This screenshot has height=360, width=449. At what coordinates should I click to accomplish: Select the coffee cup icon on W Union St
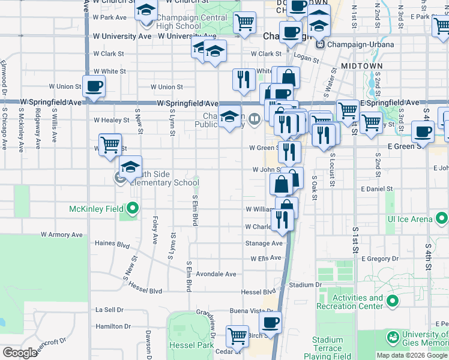click(x=94, y=87)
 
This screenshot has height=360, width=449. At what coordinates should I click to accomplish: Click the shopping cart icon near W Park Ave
click(x=244, y=23)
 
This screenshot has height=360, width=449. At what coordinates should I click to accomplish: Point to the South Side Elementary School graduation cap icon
click(x=130, y=167)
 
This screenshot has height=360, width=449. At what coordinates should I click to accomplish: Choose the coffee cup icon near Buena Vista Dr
click(x=270, y=322)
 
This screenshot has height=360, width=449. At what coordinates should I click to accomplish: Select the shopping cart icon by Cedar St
click(x=238, y=335)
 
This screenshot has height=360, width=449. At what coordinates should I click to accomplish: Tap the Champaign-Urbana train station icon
click(x=321, y=44)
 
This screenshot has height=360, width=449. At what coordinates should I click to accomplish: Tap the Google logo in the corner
click(x=20, y=352)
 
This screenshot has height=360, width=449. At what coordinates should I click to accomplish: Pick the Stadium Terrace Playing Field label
click(x=327, y=348)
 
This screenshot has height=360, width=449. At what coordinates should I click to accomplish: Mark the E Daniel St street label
click(x=376, y=188)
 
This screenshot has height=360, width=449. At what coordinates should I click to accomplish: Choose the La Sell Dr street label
click(x=109, y=310)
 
